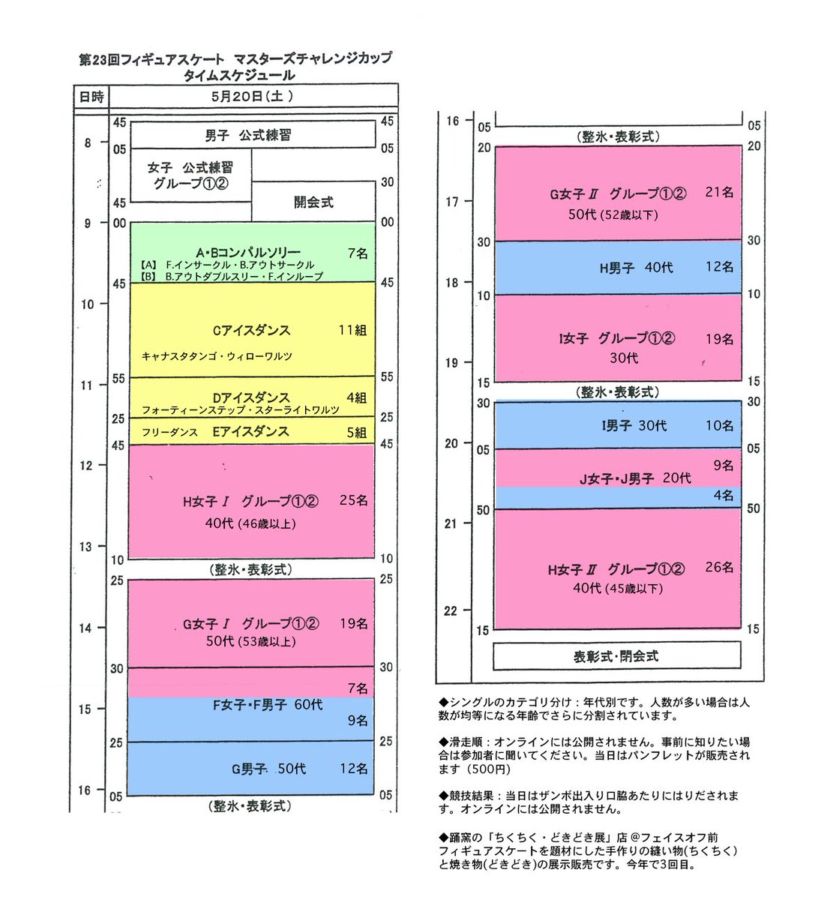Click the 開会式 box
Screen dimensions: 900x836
(313, 202)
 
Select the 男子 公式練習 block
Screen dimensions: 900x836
(253, 136)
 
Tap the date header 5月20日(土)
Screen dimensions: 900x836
(252, 96)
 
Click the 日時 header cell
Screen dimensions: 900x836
(91, 96)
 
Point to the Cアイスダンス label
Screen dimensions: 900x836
(251, 330)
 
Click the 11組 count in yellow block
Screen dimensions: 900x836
(352, 330)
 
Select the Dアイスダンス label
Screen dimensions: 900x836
(250, 397)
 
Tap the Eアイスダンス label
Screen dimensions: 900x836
(250, 431)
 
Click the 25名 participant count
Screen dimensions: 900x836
(353, 500)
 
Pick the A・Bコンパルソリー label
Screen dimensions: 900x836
(248, 253)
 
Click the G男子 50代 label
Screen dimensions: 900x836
(268, 769)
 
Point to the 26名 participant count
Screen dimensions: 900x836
(719, 568)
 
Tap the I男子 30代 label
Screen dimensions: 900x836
(634, 426)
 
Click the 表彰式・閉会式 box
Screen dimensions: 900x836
(616, 656)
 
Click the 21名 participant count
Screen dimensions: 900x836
(719, 193)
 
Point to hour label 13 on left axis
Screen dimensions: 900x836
(87, 547)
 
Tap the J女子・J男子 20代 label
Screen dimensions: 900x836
(635, 478)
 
